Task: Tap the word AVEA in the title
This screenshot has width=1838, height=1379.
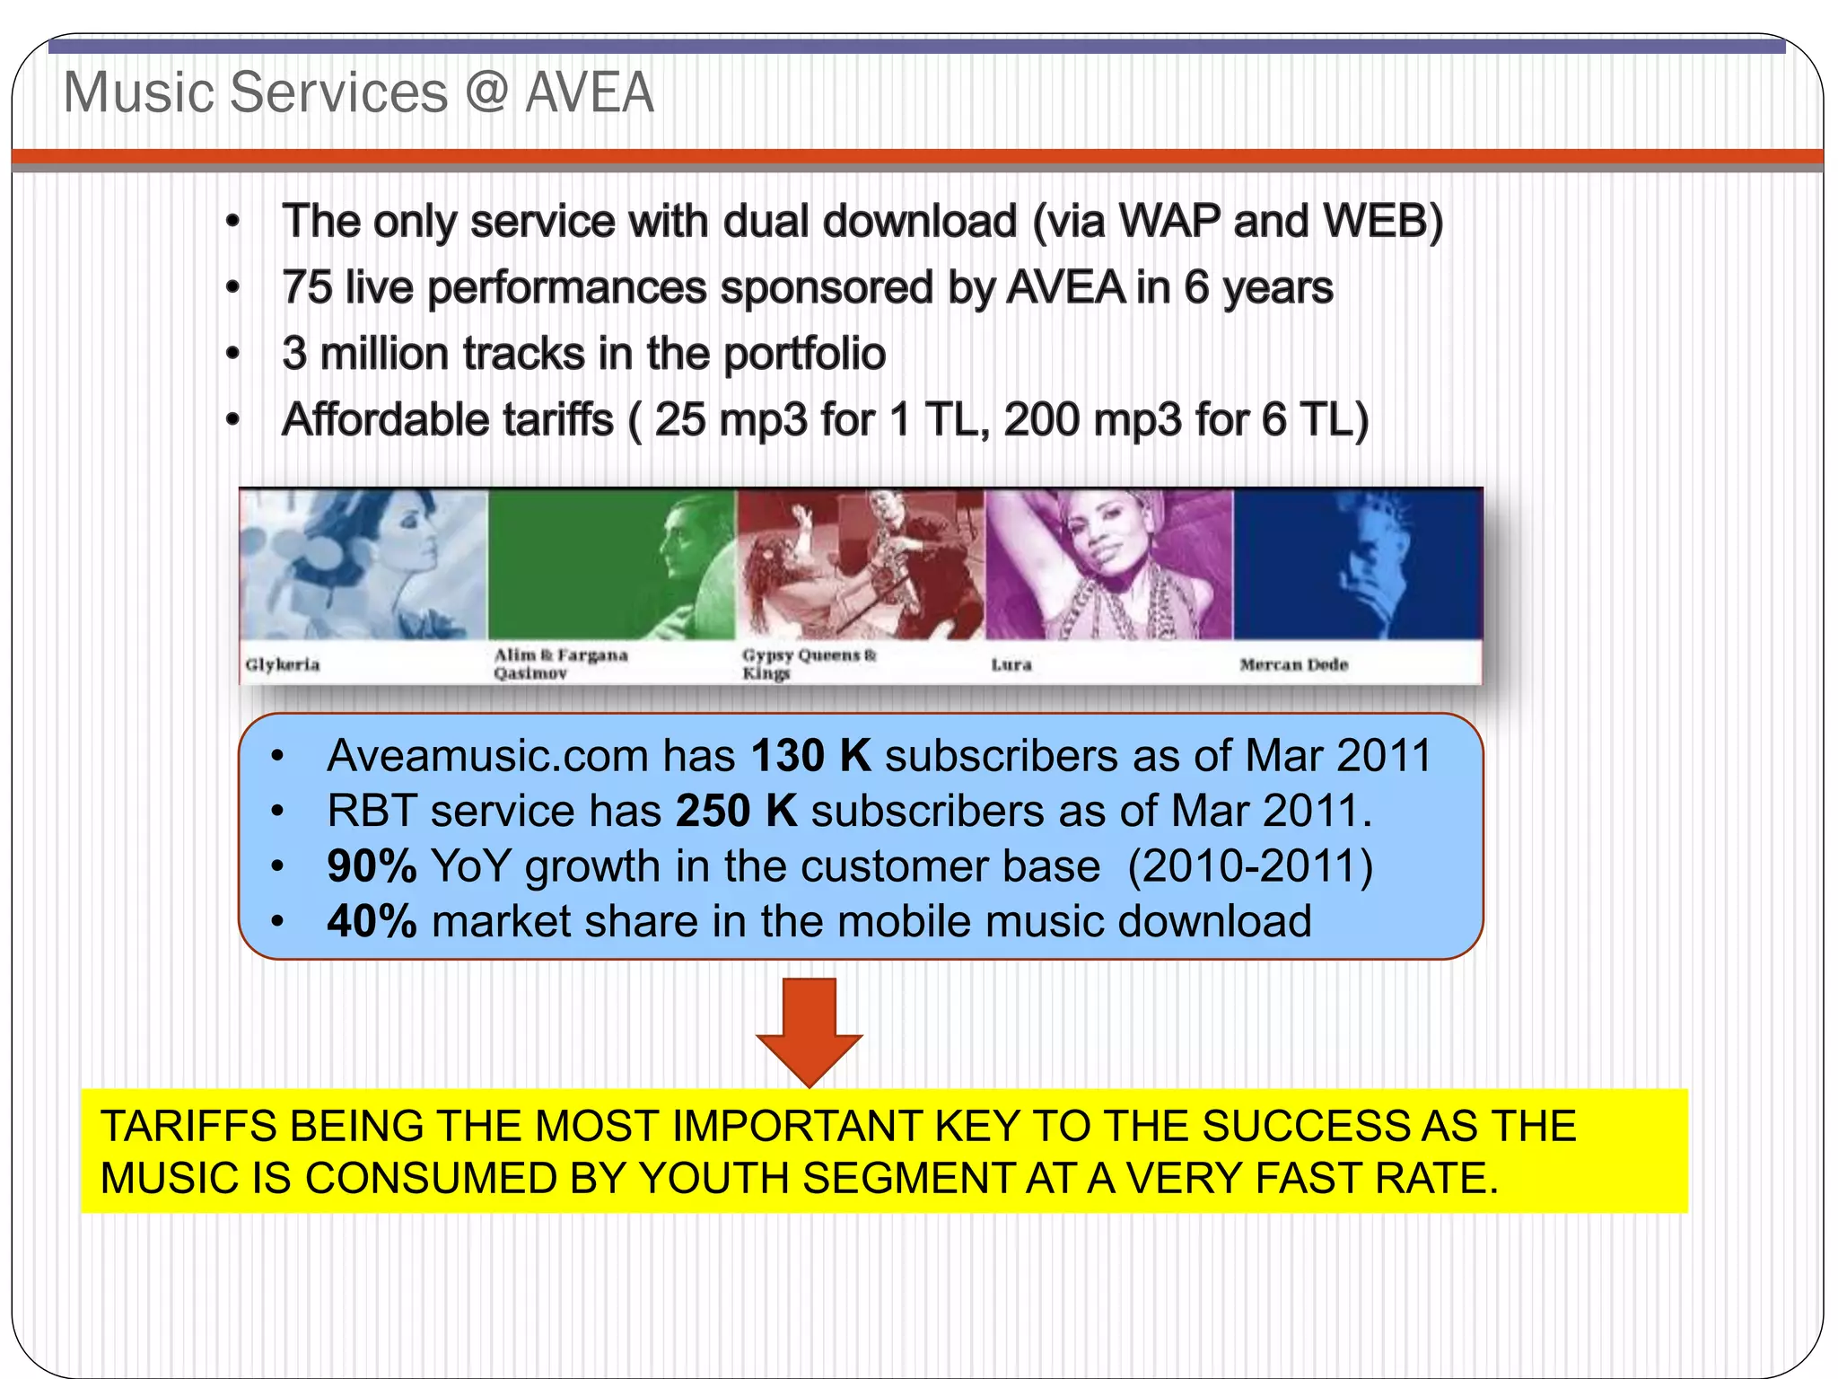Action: pos(589,92)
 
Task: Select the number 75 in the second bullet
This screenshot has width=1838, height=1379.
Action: pos(307,288)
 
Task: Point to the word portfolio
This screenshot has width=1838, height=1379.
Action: pos(805,354)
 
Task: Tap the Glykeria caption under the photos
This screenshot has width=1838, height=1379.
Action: pos(283,664)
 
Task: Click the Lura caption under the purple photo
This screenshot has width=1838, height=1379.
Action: pos(1011,664)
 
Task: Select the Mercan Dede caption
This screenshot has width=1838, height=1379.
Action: pos(1293,664)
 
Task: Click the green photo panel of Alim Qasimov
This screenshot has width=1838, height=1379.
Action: pos(610,564)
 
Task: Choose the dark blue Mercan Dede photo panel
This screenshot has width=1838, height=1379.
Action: pos(1357,564)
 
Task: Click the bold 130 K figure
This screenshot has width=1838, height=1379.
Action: pos(810,755)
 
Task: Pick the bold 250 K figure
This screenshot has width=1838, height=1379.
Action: pos(736,811)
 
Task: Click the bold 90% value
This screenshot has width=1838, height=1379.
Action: pos(372,866)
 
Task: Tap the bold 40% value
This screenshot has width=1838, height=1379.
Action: pos(372,922)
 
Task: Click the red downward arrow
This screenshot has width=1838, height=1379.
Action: pos(810,1032)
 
